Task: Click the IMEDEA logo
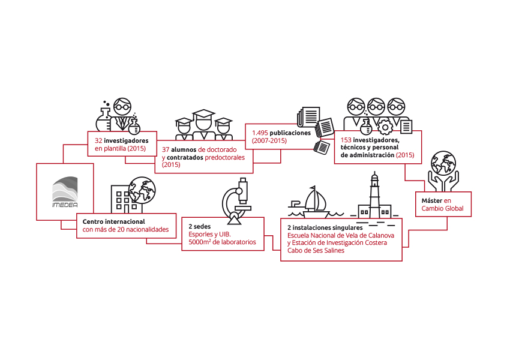coord(65,192)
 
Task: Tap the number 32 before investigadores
coord(98,141)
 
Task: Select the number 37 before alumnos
coord(166,150)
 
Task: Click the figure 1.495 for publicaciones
coord(260,133)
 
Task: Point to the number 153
coord(346,140)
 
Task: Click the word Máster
coord(431,200)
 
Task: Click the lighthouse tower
coord(375,194)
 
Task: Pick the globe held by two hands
coord(443,163)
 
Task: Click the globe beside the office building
coord(142,190)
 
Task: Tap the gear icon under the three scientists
coord(385,127)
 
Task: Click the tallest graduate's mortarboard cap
coord(203,114)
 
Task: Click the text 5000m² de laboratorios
coord(222,242)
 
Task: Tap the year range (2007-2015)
coord(269,141)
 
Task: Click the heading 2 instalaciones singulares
coord(325,227)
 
